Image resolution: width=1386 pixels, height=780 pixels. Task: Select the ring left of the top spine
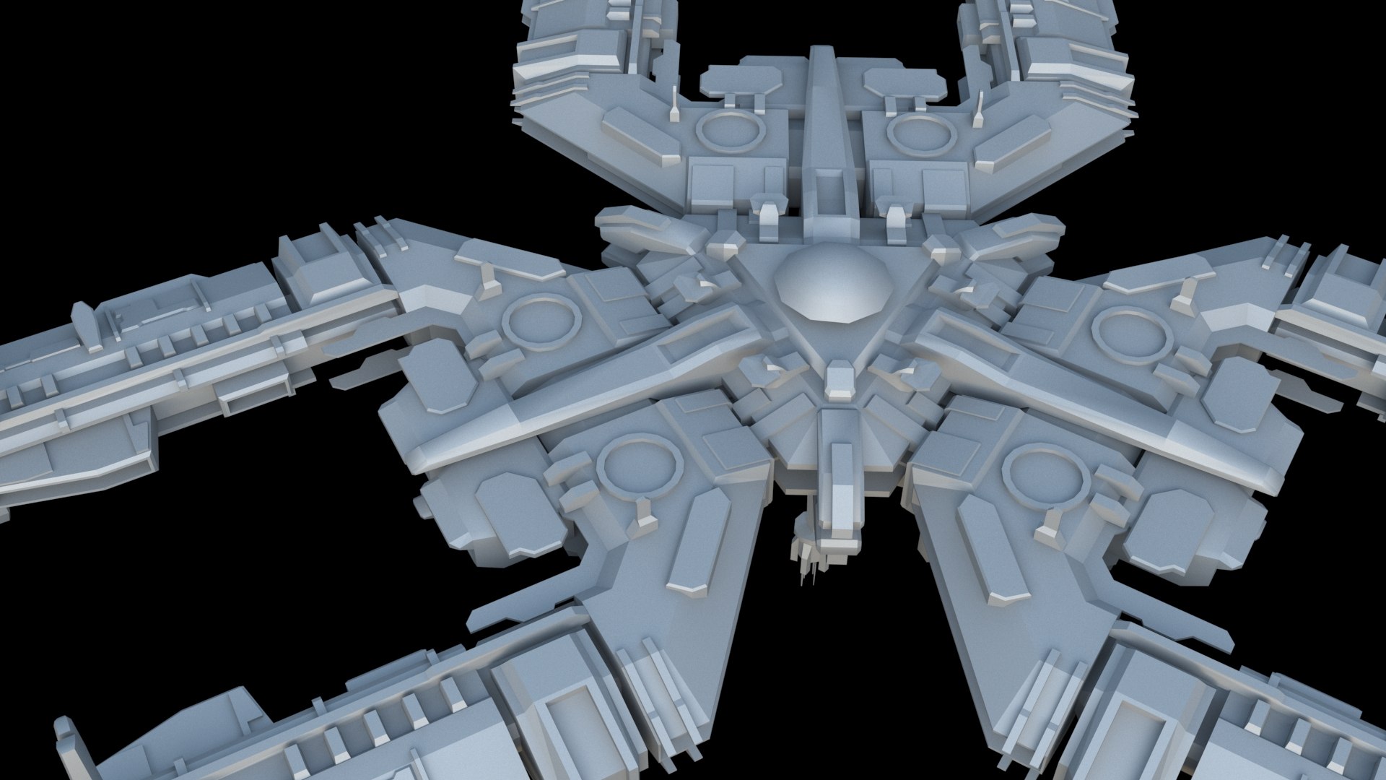[730, 131]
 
